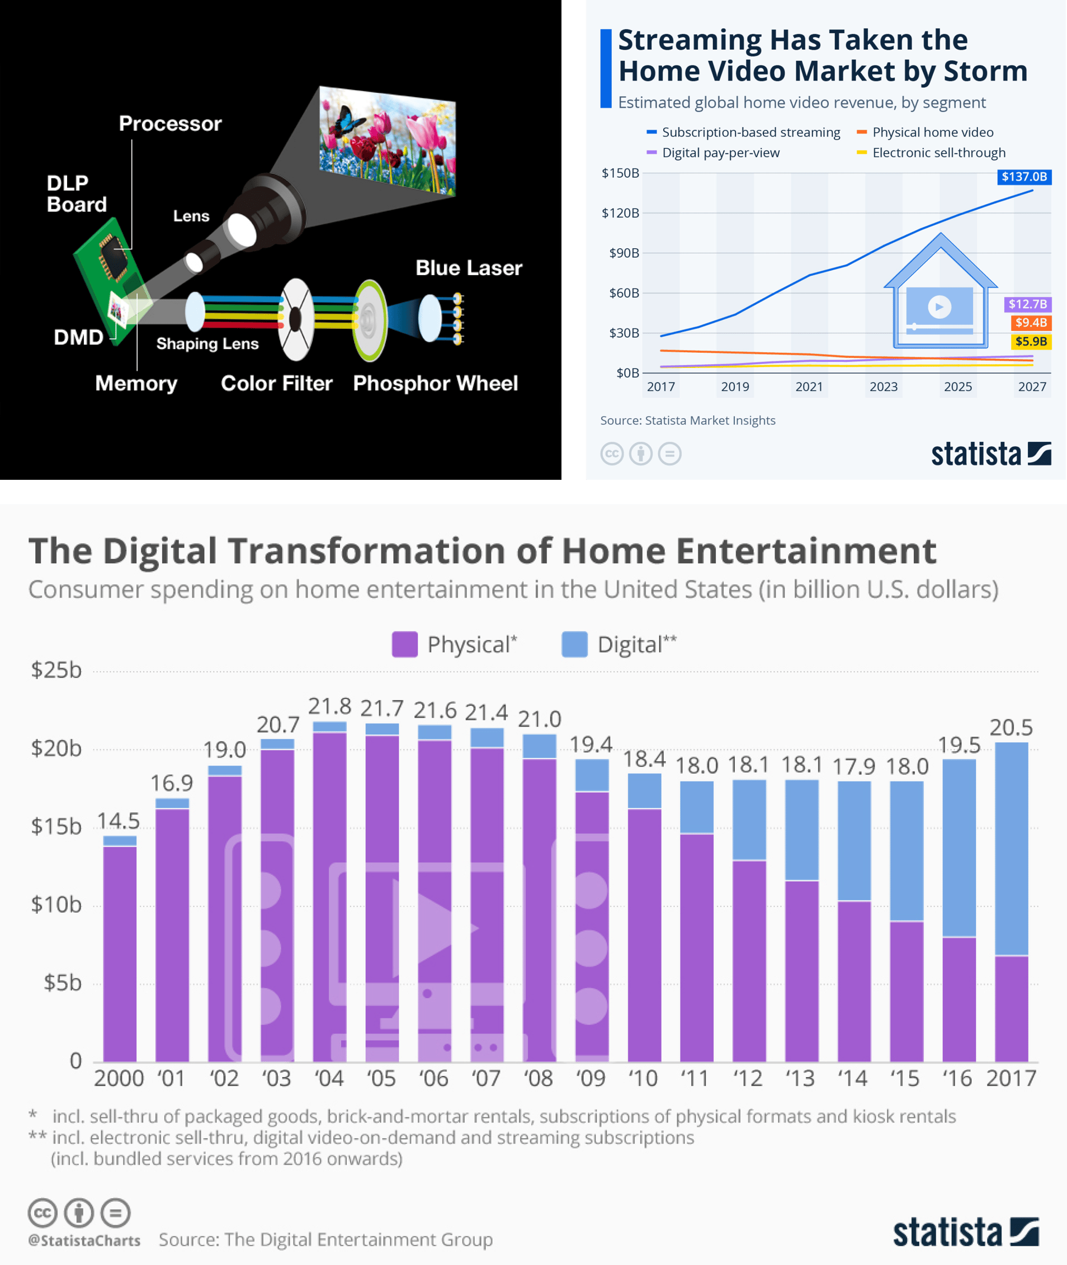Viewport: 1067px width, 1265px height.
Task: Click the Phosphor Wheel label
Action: tap(435, 384)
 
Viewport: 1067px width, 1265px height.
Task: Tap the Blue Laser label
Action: tap(468, 268)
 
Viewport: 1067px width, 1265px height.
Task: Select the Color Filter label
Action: tap(276, 384)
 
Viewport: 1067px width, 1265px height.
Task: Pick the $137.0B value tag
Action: tap(1023, 177)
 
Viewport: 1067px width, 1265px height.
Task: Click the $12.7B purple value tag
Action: tap(1027, 304)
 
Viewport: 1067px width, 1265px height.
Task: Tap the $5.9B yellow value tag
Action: tap(1030, 341)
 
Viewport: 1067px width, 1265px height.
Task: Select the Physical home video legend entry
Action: tap(932, 133)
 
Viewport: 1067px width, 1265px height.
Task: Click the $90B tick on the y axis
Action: tap(623, 253)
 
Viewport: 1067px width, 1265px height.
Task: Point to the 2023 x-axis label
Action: tap(883, 386)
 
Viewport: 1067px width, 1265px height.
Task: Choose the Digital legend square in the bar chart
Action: tap(574, 644)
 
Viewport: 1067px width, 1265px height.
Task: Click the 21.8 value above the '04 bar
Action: tap(329, 706)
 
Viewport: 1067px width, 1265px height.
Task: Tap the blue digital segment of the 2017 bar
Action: tap(1011, 847)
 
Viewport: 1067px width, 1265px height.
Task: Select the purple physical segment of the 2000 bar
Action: tap(120, 953)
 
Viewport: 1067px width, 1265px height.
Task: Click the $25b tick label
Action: tap(56, 671)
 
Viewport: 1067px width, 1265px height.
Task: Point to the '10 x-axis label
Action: tap(643, 1078)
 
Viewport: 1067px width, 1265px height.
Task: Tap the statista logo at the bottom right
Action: tap(965, 1233)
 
